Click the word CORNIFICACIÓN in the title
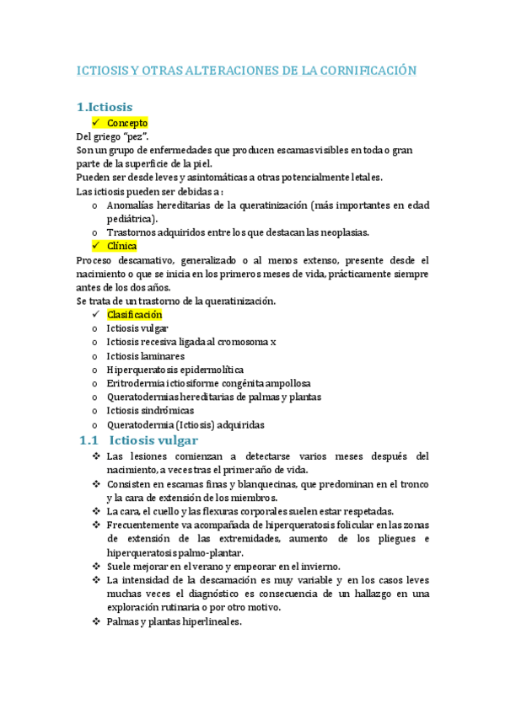coord(366,71)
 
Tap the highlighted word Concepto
coord(127,123)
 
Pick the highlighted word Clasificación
coord(140,314)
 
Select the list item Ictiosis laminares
coord(146,355)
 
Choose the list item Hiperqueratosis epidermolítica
coord(175,369)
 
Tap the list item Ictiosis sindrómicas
coord(150,410)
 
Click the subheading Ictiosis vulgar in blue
coord(153,440)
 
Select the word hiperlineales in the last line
coord(211,622)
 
